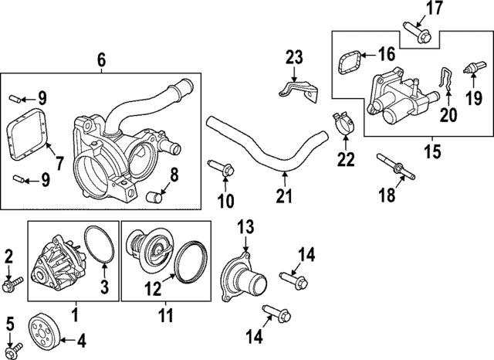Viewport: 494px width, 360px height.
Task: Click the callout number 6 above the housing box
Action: coord(101,59)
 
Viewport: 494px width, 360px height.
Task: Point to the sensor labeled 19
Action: coord(468,70)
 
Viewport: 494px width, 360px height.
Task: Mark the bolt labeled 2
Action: coord(13,285)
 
